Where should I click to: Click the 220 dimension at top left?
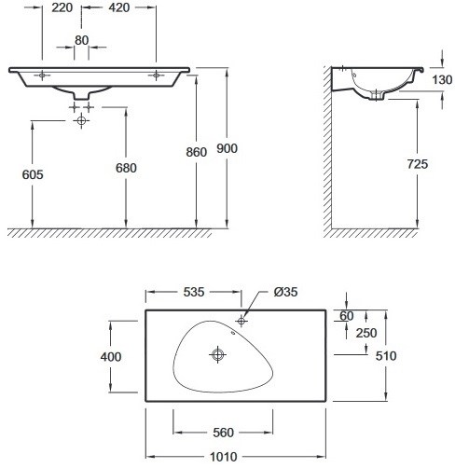click(62, 7)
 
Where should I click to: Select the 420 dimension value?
click(119, 7)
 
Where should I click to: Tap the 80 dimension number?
click(82, 40)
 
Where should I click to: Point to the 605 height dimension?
click(33, 174)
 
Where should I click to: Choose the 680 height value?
click(126, 168)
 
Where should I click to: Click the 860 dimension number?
click(197, 152)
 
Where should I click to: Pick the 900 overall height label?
click(227, 148)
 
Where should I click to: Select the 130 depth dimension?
click(442, 80)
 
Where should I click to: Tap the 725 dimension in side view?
click(418, 164)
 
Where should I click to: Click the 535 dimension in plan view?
click(194, 292)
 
